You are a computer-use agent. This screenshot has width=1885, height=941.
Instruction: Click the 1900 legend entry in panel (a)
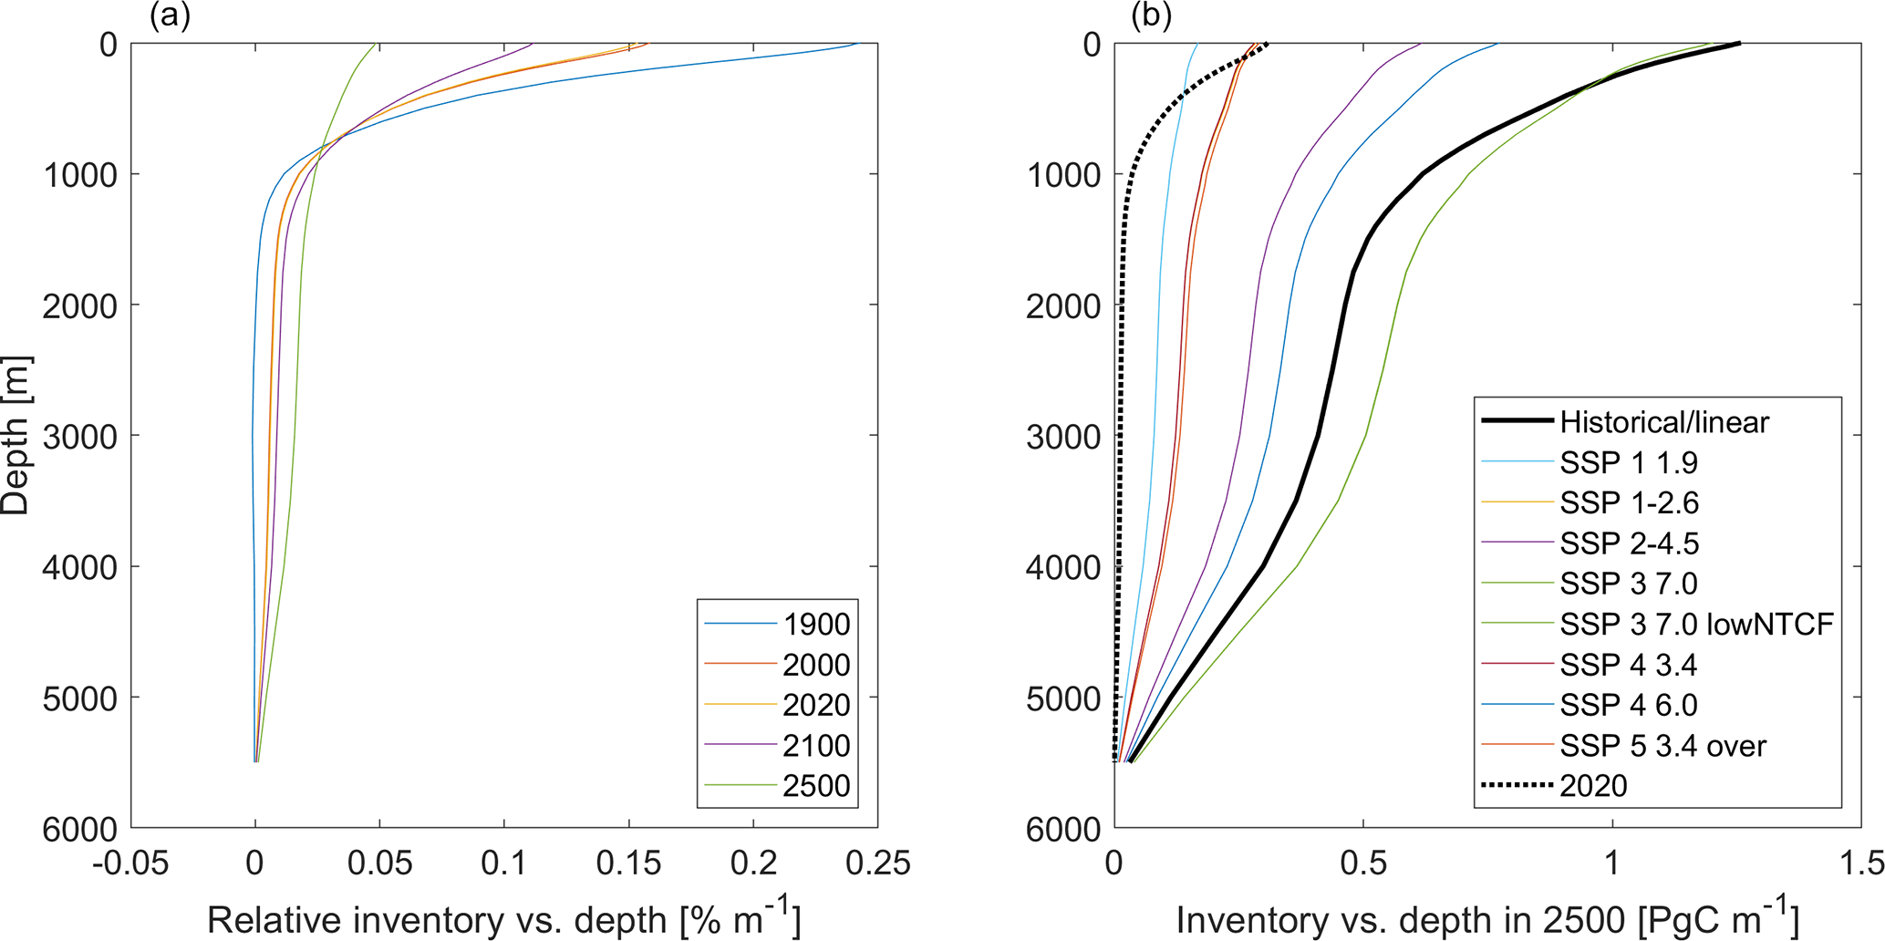816,625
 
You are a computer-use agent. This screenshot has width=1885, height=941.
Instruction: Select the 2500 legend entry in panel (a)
816,786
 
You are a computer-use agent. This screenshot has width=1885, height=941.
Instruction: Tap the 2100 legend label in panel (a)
816,746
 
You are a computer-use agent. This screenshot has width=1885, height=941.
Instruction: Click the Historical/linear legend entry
1663,422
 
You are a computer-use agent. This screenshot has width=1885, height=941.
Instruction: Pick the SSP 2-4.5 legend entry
1629,543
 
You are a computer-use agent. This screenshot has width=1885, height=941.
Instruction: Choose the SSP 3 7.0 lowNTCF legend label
1696,625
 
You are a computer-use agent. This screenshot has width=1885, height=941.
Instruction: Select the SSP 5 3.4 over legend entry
1662,746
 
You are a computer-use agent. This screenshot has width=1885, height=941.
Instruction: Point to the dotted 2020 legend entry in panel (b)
1593,786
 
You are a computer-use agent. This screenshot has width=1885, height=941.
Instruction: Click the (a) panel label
170,16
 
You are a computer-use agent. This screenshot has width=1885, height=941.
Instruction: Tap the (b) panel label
1151,16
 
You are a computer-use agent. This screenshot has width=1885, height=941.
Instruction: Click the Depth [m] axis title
16,436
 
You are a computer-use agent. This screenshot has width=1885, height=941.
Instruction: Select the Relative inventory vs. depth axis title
503,919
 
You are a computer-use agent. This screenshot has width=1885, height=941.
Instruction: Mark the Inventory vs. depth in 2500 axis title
1487,919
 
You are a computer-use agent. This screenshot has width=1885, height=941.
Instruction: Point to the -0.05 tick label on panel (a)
130,863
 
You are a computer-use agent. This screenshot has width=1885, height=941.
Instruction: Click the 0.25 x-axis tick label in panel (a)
877,863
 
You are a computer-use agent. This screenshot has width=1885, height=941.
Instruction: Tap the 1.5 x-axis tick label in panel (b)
1860,863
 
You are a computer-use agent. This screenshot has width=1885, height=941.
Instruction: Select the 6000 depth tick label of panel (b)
1063,830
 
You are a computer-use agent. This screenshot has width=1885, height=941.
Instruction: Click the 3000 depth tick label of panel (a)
81,437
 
